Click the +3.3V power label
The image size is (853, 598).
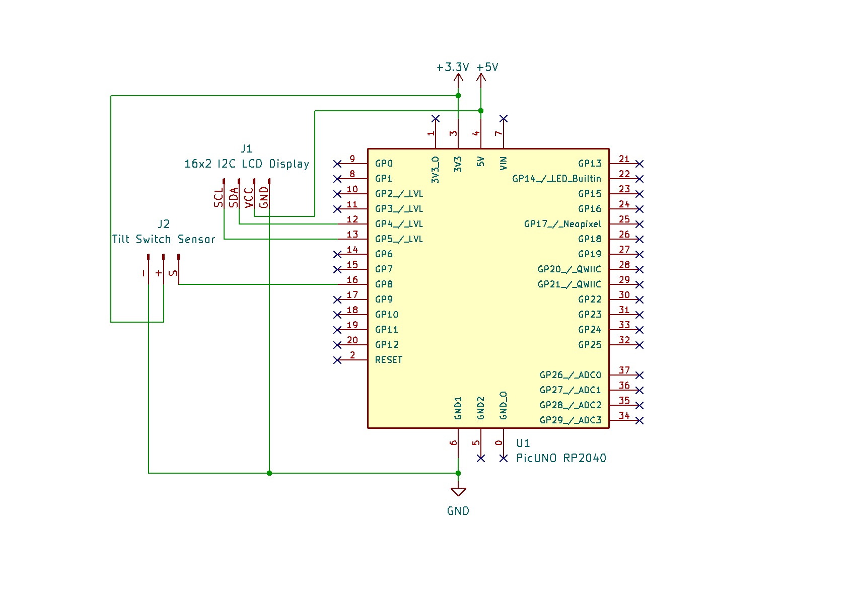coord(453,67)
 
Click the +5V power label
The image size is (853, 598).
coord(487,67)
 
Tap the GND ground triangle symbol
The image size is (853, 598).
coord(458,492)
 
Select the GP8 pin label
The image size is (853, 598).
coord(384,284)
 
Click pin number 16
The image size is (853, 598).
coord(352,280)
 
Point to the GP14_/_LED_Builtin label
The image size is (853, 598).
coord(556,178)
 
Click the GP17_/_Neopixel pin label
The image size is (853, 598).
coord(562,223)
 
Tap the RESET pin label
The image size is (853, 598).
coord(389,359)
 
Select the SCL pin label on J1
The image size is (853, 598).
coord(219,198)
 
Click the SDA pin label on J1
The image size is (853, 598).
coord(234,197)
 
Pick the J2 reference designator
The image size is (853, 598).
coord(164,224)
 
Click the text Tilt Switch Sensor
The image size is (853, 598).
coord(164,239)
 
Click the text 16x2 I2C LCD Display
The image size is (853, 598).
coord(247,164)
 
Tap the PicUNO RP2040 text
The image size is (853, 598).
coord(561,458)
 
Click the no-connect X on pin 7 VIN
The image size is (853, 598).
coord(504,118)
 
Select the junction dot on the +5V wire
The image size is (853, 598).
coord(481,111)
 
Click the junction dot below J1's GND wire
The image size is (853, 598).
coord(269,473)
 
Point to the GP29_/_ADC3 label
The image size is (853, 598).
coord(570,420)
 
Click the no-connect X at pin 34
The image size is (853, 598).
coord(639,420)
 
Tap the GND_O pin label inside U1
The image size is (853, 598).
coord(504,405)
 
